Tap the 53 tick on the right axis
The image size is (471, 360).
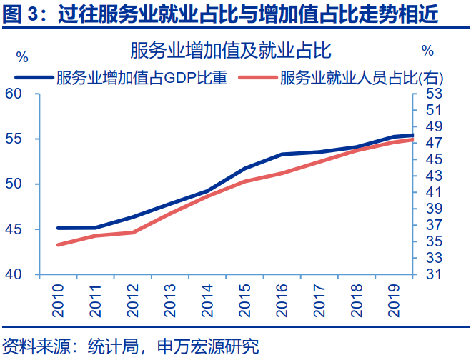(434, 94)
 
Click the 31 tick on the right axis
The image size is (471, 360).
(434, 274)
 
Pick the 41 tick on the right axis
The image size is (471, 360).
(434, 192)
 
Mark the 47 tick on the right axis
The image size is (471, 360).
(434, 143)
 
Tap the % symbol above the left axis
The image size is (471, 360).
(21, 56)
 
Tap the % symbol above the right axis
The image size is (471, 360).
(427, 51)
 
